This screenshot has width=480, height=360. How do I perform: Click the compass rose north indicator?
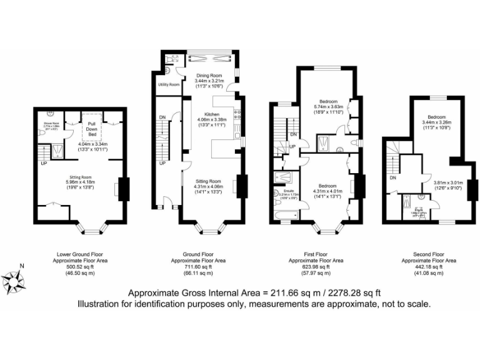(21, 267)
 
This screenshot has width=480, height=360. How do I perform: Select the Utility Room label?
(169, 84)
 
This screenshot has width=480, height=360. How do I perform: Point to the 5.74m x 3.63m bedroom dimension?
(329, 107)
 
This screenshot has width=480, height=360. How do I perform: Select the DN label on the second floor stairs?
(393, 178)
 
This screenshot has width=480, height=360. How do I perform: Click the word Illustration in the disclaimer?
(99, 305)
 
